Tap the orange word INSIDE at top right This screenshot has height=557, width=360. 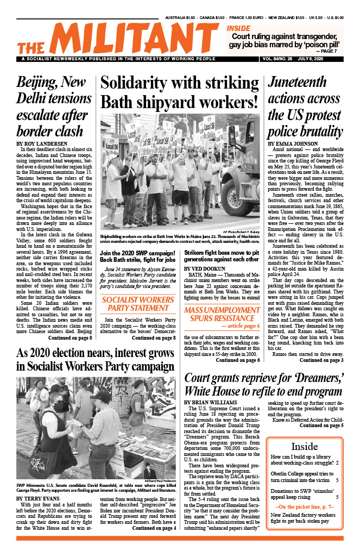pos(238,28)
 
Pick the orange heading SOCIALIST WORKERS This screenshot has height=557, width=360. pos(138,300)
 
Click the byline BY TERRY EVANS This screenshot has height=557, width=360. pos(38,497)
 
